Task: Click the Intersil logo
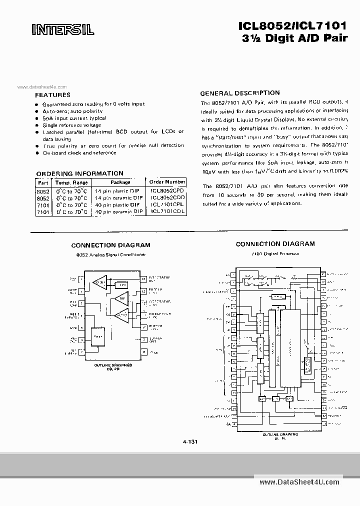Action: point(62,30)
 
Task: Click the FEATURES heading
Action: point(52,94)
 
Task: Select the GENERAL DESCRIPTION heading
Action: point(240,93)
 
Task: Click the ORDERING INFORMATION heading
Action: point(79,173)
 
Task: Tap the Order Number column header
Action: point(167,182)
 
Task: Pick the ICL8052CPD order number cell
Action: point(167,190)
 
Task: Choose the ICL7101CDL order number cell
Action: point(167,211)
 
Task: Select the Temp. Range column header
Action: point(71,182)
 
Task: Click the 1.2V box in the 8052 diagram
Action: point(121,284)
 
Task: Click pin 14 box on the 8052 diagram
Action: point(143,278)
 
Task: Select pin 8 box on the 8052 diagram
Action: point(143,352)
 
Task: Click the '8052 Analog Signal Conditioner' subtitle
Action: point(110,254)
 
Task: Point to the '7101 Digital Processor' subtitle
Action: point(275,253)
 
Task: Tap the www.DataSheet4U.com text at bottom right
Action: point(299,481)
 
